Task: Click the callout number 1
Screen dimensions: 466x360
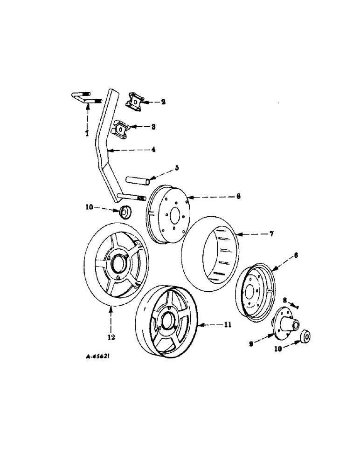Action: [87, 133]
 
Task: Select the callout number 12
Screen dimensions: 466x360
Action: [111, 336]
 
